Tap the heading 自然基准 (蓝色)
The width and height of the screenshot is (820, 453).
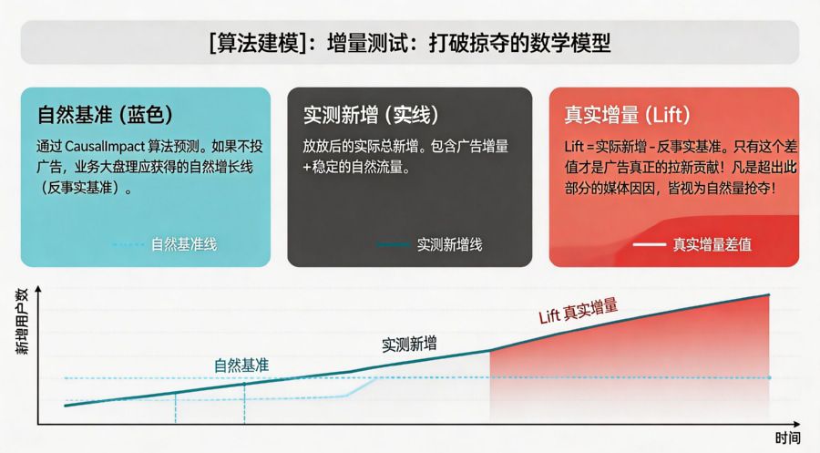click(x=105, y=115)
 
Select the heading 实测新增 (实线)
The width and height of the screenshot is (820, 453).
click(x=371, y=115)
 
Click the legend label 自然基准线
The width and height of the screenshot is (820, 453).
click(x=184, y=244)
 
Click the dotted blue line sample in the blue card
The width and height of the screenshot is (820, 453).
click(x=128, y=244)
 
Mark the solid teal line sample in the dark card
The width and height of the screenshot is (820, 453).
click(x=393, y=244)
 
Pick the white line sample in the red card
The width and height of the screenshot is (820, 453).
click(x=649, y=244)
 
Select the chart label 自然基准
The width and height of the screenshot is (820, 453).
click(x=241, y=365)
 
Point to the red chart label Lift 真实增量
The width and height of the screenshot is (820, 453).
click(x=578, y=312)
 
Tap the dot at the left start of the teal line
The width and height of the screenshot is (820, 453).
click(x=66, y=405)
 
